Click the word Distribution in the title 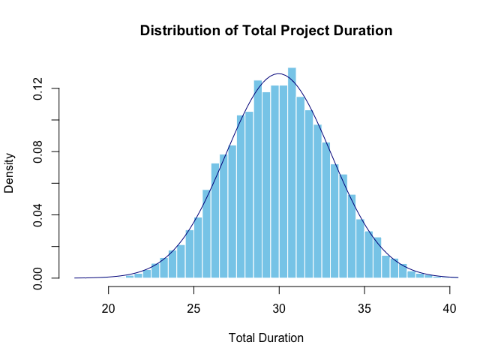[x=180, y=31]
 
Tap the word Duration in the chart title [x=363, y=31]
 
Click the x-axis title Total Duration [x=265, y=337]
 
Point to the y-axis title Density [x=9, y=173]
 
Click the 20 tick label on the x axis [x=108, y=308]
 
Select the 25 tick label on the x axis [x=193, y=308]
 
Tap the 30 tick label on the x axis [x=279, y=308]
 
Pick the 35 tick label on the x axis [x=364, y=308]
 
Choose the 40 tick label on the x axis [x=449, y=308]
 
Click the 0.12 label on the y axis [x=38, y=88]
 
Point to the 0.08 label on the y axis [x=38, y=151]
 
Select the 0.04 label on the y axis [x=38, y=215]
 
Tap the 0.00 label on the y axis [x=38, y=278]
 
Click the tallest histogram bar [x=292, y=172]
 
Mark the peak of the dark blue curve [x=279, y=73]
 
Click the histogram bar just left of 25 [x=190, y=254]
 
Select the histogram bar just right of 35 [x=369, y=254]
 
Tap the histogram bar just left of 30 [x=274, y=181]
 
